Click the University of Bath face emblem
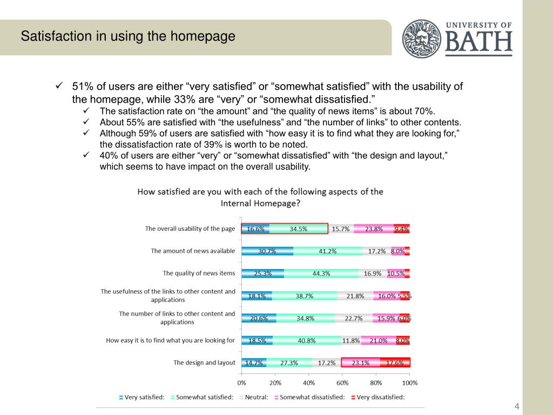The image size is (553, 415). click(422, 38)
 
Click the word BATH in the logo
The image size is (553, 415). click(478, 42)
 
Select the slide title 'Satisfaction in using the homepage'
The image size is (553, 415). click(128, 37)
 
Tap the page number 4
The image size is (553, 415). click(517, 406)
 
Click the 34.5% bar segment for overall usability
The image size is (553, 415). click(299, 229)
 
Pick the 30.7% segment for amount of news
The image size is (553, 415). click(267, 251)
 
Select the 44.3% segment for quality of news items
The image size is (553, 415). click(321, 273)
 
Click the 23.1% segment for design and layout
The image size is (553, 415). click(361, 363)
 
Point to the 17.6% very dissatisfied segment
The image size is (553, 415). click(395, 363)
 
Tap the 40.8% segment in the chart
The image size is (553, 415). click(307, 340)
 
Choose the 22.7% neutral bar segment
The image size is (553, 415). click(353, 318)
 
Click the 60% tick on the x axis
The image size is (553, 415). click(342, 383)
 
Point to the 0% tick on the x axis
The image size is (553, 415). click(241, 383)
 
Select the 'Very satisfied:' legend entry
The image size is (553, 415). click(142, 397)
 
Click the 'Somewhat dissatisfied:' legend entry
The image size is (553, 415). click(309, 397)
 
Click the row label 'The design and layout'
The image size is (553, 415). click(204, 363)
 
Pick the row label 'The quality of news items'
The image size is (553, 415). click(199, 273)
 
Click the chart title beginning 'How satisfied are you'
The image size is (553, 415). click(260, 197)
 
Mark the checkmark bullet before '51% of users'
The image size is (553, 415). click(60, 86)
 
